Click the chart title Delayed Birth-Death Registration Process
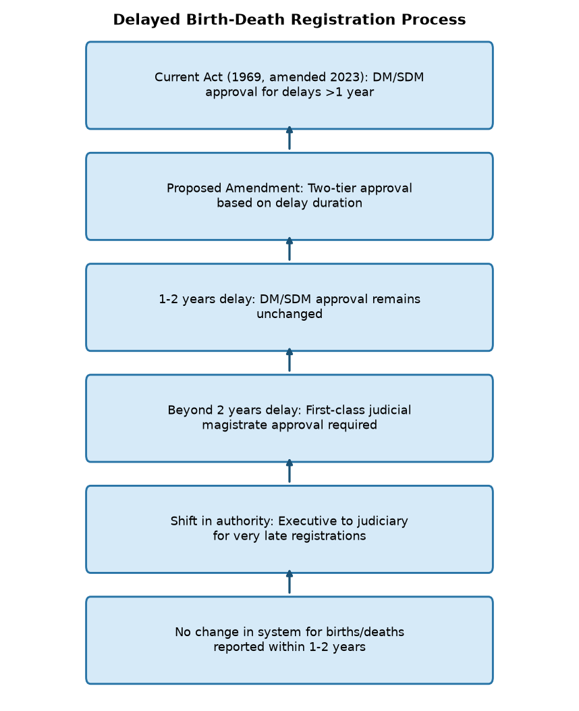(289, 20)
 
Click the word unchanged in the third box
(289, 314)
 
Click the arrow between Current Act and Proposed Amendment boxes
(289, 138)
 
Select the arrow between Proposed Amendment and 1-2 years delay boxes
(289, 249)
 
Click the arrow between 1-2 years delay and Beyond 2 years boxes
(289, 360)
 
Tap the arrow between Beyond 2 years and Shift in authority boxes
(289, 471)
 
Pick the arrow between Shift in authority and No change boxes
(289, 582)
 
